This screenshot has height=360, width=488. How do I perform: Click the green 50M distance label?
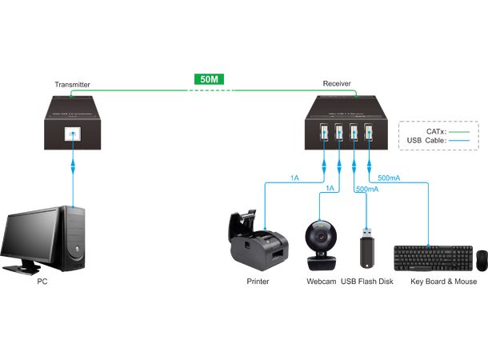[x=206, y=80]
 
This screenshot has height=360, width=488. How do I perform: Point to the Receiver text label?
[x=335, y=82]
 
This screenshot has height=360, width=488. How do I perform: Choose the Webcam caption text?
[x=321, y=282]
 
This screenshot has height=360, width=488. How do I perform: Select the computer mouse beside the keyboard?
[x=482, y=258]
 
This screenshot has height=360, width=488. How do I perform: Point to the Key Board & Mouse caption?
[x=442, y=282]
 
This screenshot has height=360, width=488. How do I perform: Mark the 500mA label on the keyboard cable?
[x=387, y=175]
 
